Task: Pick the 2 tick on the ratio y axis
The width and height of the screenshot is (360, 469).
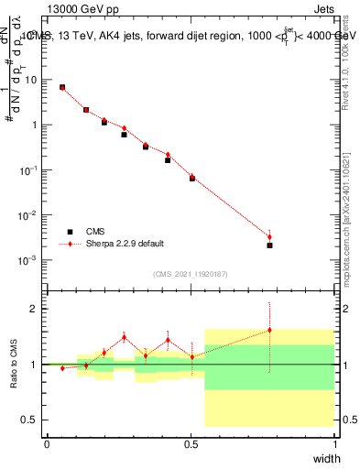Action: point(35,309)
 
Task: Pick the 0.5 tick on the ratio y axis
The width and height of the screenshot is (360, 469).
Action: point(31,420)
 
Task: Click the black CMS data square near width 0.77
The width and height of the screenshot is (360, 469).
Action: point(269,245)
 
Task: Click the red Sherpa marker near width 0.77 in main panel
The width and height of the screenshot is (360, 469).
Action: point(269,236)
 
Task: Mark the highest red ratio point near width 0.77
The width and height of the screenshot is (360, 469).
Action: point(269,330)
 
